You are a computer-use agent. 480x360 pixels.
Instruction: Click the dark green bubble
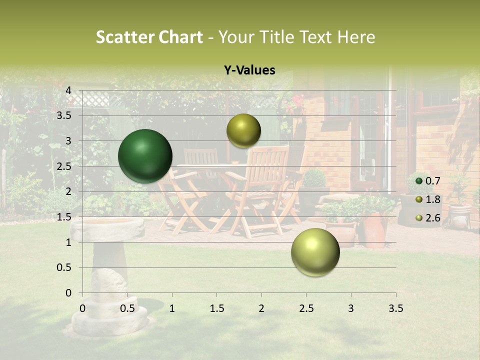tap(145, 156)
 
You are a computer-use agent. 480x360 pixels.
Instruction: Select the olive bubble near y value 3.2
tap(243, 130)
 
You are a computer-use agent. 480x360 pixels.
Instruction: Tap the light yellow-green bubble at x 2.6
tap(315, 252)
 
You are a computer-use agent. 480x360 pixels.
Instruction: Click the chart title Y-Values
tap(249, 70)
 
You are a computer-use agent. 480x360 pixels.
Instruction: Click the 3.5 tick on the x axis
tap(395, 308)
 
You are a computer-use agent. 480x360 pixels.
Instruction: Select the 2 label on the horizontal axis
tap(261, 308)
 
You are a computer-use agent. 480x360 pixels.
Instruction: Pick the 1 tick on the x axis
tap(172, 308)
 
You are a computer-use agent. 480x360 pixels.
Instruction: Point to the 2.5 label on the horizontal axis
tap(306, 308)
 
